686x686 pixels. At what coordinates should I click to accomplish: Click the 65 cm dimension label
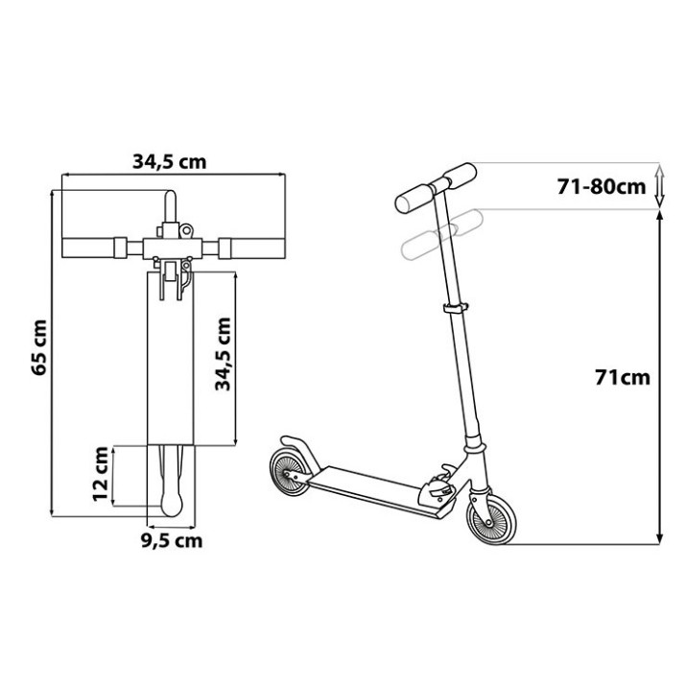pos(39,347)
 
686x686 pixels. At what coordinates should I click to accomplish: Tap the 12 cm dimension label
pos(101,474)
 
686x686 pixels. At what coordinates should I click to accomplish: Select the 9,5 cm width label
pos(172,541)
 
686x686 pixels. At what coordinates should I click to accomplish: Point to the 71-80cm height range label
pos(602,187)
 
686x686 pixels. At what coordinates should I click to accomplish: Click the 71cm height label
pos(623,378)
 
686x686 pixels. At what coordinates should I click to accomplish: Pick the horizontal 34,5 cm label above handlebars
pos(169,162)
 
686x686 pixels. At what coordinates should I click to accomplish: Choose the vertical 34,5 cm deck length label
pos(223,354)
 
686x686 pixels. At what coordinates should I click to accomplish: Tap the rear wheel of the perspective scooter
pos(289,473)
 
